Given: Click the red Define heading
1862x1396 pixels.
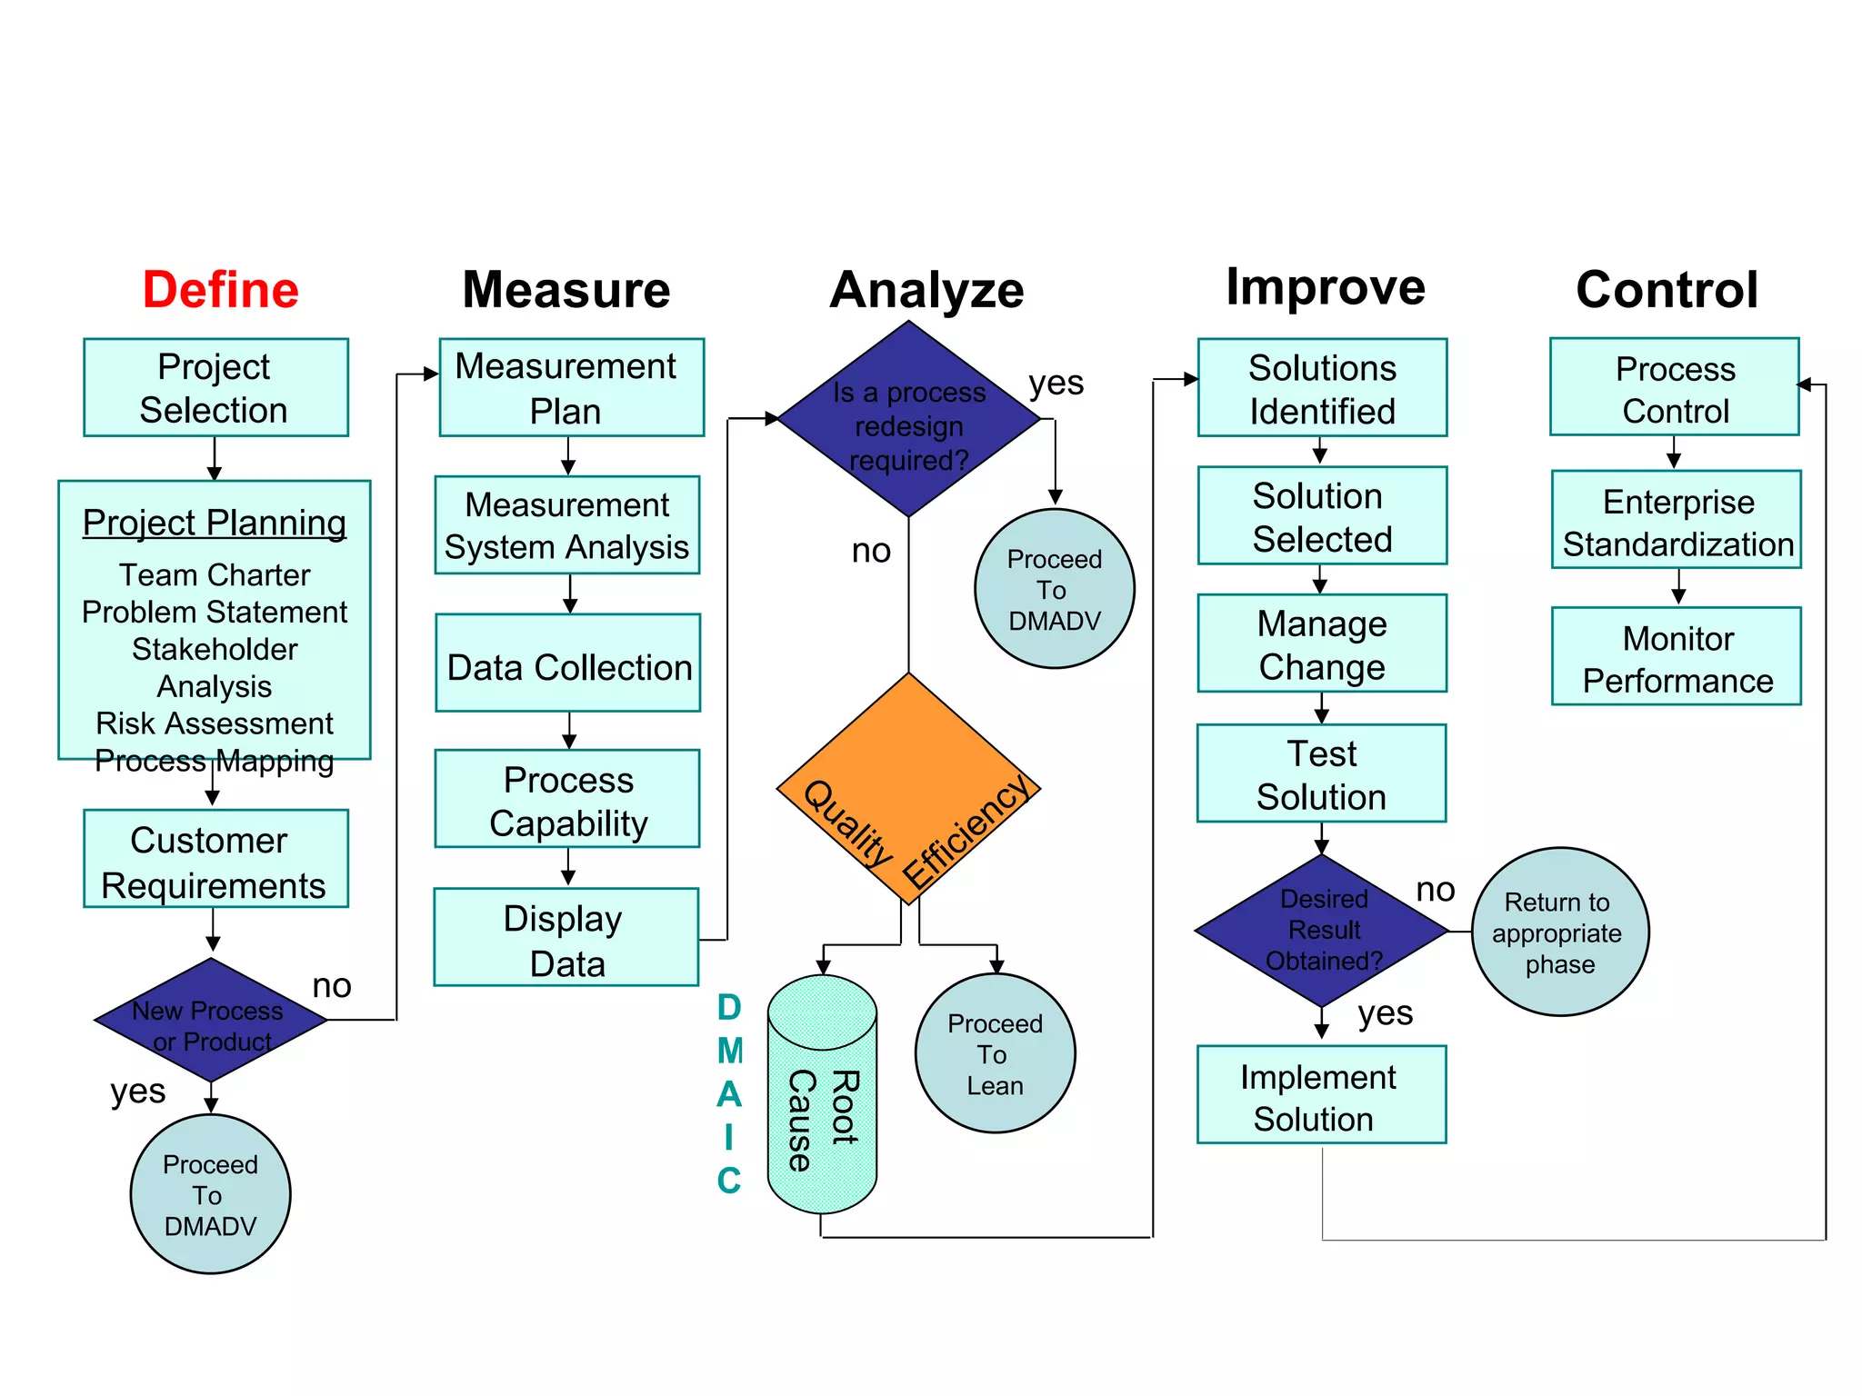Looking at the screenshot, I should pos(220,290).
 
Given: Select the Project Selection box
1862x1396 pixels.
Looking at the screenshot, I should pos(215,388).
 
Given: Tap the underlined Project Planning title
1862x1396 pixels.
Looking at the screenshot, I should pos(215,523).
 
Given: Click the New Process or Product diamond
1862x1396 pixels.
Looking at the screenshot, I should pos(211,1021).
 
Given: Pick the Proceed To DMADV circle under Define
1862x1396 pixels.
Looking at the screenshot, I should pos(211,1194).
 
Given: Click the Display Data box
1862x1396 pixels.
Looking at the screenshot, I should pos(566,938).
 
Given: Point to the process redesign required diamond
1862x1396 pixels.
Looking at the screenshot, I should pos(908,420).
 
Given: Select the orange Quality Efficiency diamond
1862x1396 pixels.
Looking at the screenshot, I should pos(908,789).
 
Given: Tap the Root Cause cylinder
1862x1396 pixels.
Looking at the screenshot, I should pos(822,1095).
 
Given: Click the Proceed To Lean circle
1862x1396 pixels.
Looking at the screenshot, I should pos(995,1054).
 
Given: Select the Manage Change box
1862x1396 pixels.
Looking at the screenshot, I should pos(1322,644).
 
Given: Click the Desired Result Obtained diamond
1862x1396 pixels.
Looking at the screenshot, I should pos(1322,931).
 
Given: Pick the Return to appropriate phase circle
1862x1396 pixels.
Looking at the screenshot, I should pos(1559,932).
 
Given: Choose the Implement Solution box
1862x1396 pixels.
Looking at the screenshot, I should pos(1321,1095).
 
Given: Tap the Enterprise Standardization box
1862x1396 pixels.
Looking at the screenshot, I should pos(1677,521).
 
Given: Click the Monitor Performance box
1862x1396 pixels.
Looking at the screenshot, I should pos(1677,657).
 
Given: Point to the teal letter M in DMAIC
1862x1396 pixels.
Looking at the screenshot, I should pos(730,1052).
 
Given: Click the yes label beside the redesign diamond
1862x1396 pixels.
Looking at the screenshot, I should pos(1056,383).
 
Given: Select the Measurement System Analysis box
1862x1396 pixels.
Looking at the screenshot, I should pos(567,525).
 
